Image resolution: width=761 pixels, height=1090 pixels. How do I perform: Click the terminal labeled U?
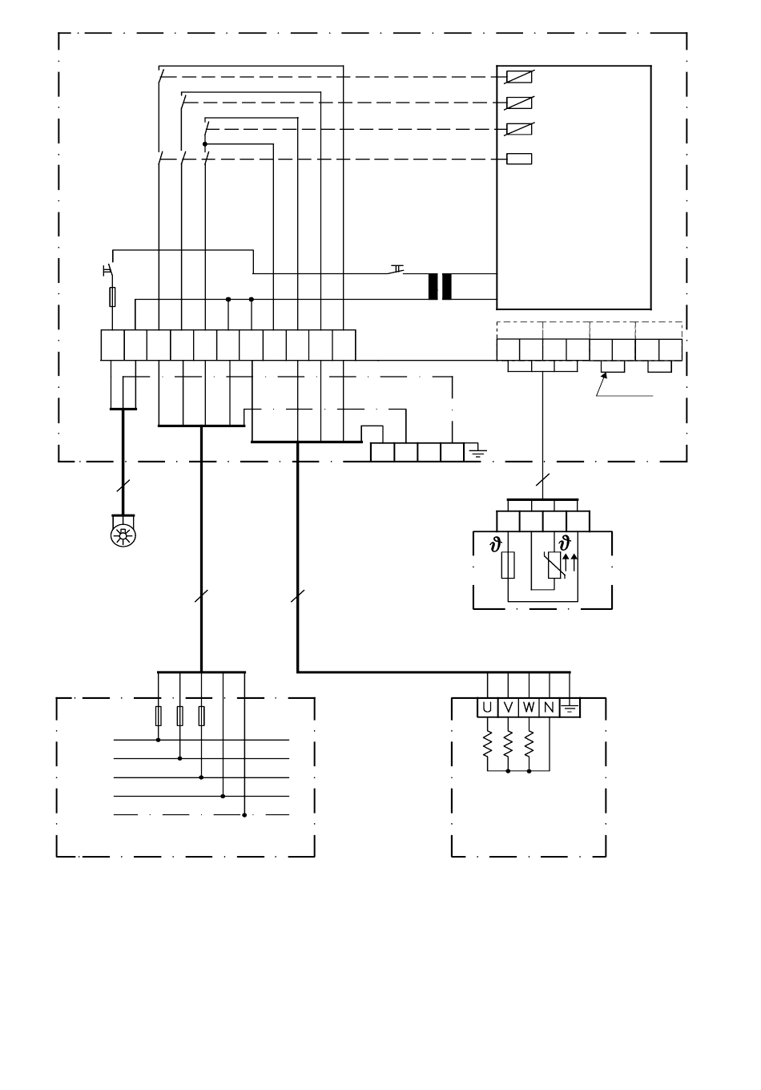click(487, 708)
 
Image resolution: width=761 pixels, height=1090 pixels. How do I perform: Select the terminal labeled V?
click(508, 708)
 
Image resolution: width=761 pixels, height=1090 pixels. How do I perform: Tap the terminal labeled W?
click(529, 708)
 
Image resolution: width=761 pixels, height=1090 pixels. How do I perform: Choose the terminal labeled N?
click(550, 708)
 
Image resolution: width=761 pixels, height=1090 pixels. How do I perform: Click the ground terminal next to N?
click(570, 708)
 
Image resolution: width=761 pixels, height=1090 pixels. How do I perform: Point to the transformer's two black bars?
click(440, 287)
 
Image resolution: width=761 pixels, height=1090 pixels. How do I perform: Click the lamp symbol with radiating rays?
click(123, 535)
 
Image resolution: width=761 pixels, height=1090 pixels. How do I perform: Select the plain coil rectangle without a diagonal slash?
click(519, 159)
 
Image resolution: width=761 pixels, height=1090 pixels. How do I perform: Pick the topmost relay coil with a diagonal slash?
click(519, 77)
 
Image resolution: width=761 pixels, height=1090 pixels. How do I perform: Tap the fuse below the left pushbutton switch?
click(112, 297)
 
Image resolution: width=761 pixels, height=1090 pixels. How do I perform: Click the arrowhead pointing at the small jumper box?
click(605, 375)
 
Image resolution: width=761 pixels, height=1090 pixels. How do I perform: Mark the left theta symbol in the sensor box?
click(496, 544)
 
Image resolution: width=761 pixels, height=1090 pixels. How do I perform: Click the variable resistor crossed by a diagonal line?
click(555, 565)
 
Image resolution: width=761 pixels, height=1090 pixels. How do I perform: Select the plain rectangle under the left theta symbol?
click(508, 565)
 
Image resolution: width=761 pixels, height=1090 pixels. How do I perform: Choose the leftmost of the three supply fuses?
click(159, 716)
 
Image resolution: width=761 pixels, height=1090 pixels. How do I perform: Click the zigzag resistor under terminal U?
click(487, 744)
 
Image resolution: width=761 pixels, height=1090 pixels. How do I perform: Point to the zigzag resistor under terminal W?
click(529, 744)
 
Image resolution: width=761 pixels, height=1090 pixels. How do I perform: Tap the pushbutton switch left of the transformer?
click(396, 269)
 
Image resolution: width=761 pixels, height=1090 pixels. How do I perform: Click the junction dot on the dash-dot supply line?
click(244, 815)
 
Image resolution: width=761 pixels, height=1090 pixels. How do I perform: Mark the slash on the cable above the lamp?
click(123, 485)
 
